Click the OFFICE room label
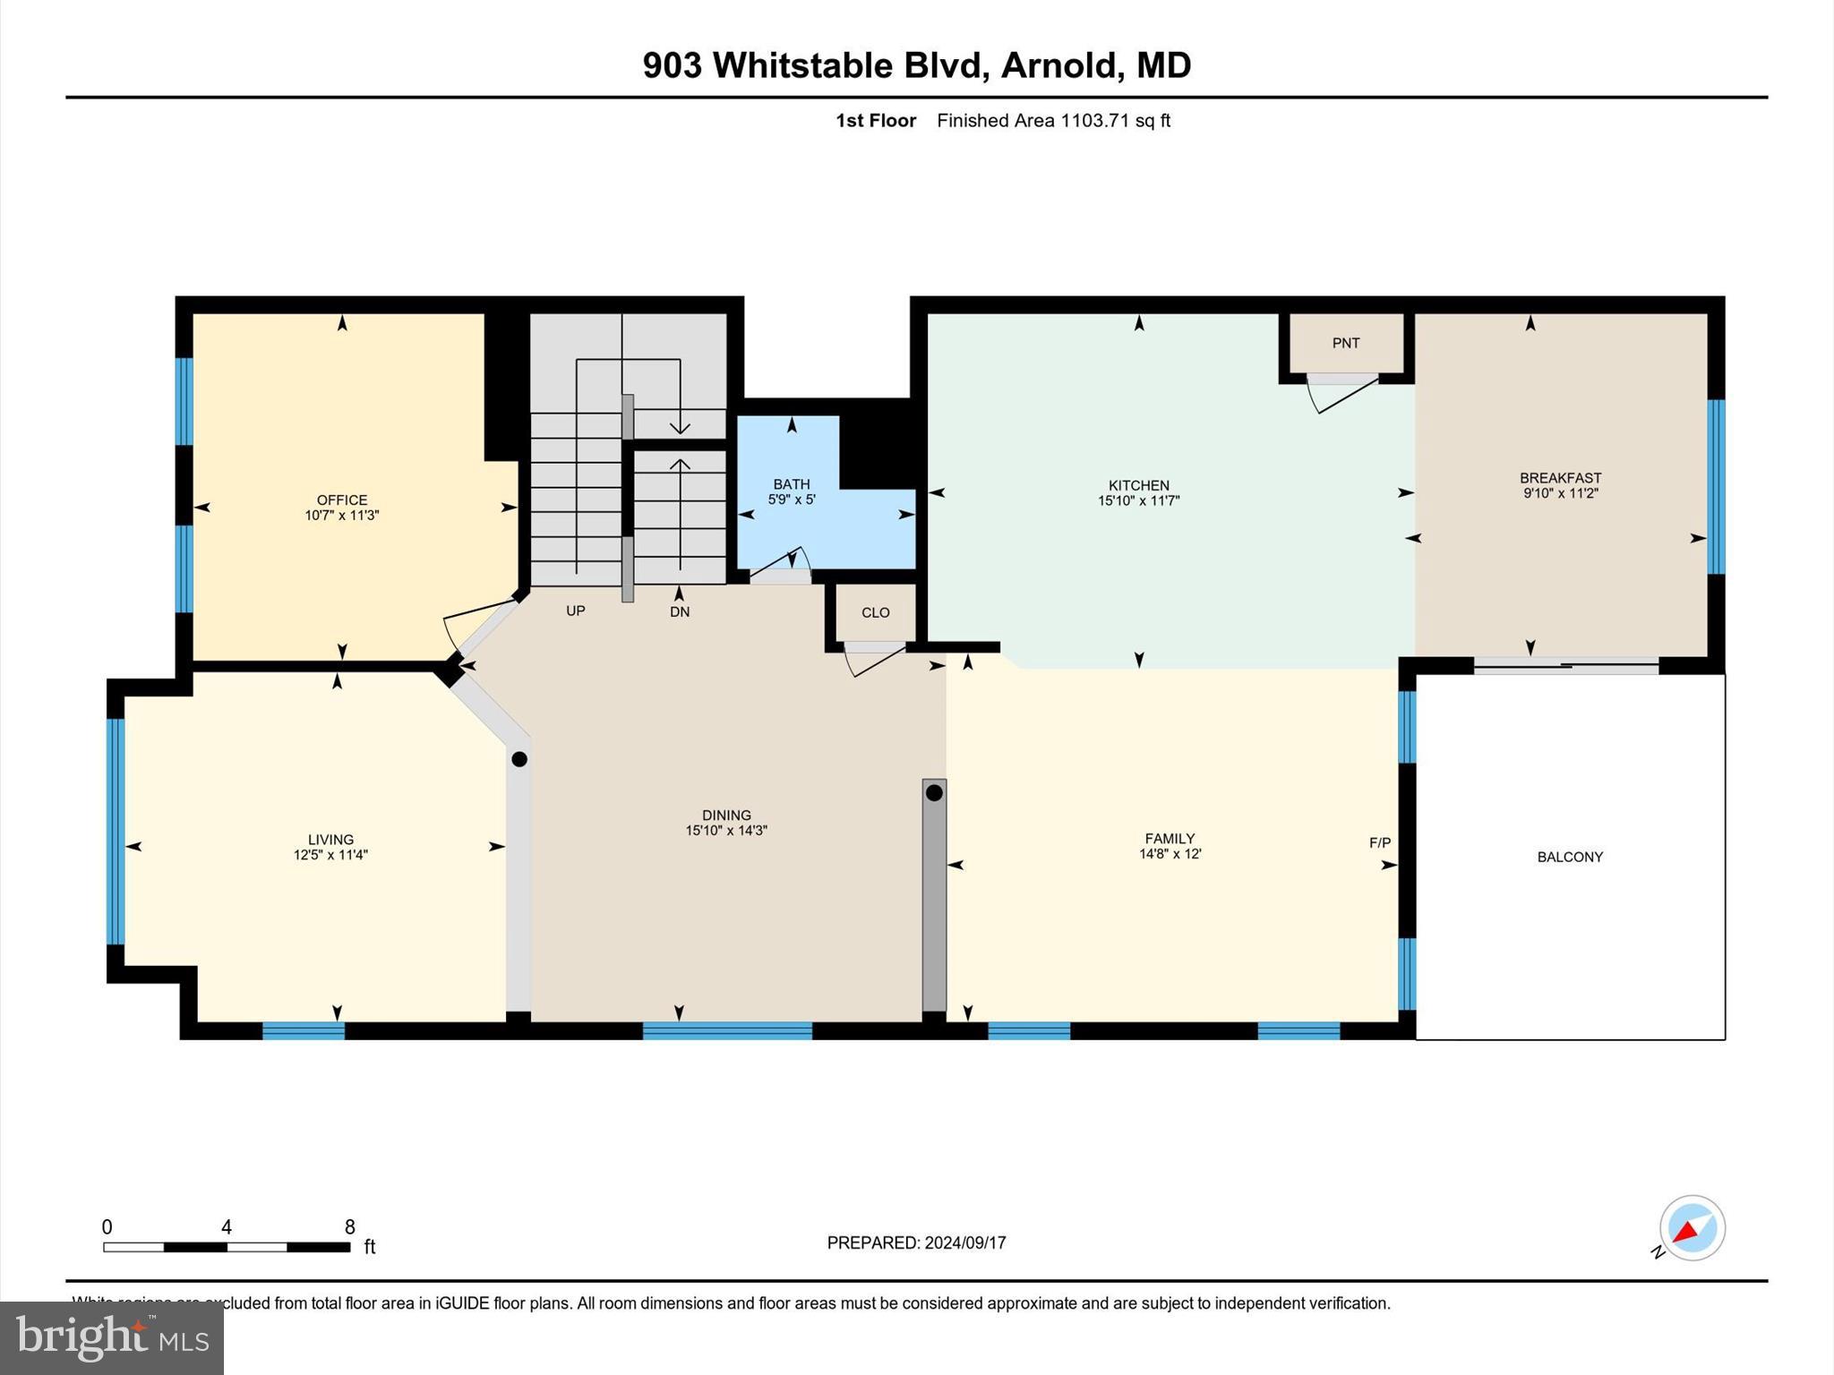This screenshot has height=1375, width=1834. (x=341, y=500)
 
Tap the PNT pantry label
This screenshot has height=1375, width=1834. (x=1345, y=343)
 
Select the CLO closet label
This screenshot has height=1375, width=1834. (x=875, y=612)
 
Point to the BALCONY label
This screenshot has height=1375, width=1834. (x=1569, y=857)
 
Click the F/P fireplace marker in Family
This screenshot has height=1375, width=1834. (x=1379, y=842)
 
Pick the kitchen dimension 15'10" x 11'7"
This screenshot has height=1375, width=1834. (x=1138, y=501)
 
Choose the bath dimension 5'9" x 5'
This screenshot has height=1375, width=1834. (x=791, y=500)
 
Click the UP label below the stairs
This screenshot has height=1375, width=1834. (x=575, y=611)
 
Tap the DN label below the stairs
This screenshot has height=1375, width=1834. (x=679, y=612)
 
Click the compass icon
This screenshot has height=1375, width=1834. (x=1691, y=1228)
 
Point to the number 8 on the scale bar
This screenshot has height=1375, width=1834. (x=349, y=1227)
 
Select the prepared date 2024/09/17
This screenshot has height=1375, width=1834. (x=965, y=1243)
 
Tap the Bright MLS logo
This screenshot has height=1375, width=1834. (x=112, y=1337)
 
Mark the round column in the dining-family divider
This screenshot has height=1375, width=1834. (x=934, y=792)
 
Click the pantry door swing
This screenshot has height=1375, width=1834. (x=1341, y=396)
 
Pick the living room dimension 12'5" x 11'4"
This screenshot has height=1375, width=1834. (x=330, y=855)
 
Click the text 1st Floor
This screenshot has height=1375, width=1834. (x=875, y=121)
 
